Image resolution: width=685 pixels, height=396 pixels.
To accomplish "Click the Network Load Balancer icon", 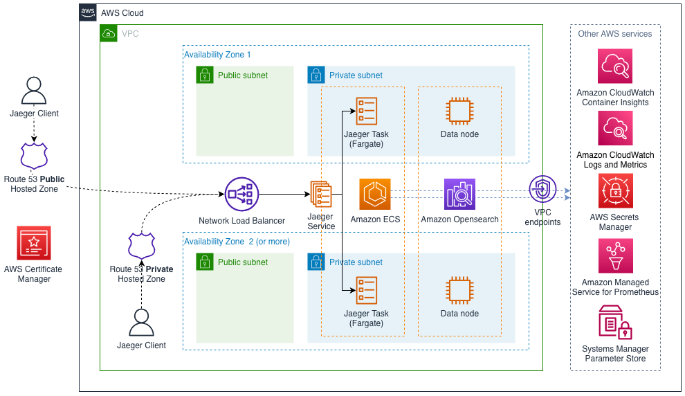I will tap(241, 195).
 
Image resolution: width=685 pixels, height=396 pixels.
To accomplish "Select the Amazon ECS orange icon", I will tap(375, 195).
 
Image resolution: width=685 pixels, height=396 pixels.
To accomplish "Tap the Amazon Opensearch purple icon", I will tap(459, 195).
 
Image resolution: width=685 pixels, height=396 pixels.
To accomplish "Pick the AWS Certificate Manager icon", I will tap(33, 243).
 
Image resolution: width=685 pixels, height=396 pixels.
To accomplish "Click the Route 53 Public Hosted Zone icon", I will tap(34, 156).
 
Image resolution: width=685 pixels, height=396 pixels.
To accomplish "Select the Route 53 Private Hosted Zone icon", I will tap(142, 246).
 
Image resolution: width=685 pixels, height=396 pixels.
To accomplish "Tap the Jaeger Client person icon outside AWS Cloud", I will tap(34, 91).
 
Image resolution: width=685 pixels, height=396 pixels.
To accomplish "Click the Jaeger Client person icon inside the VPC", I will tap(141, 323).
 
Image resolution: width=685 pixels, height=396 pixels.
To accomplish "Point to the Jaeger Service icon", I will tap(320, 195).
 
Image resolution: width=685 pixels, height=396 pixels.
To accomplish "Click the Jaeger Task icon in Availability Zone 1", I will tap(366, 111).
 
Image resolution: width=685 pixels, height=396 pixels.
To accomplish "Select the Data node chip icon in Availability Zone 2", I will tap(459, 290).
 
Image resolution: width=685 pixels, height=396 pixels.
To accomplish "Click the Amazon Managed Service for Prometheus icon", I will tap(615, 256).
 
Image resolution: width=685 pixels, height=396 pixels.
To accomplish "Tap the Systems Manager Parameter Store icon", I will tap(615, 323).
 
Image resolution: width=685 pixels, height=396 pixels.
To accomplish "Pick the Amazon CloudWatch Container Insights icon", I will tap(615, 66).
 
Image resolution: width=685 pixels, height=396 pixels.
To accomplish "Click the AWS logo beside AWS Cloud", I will tap(88, 12).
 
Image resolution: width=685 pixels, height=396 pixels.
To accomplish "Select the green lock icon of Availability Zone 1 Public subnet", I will tap(205, 75).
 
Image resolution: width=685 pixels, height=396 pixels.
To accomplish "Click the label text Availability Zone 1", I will tap(217, 54).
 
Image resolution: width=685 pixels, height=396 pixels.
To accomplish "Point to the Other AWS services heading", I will tap(615, 33).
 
